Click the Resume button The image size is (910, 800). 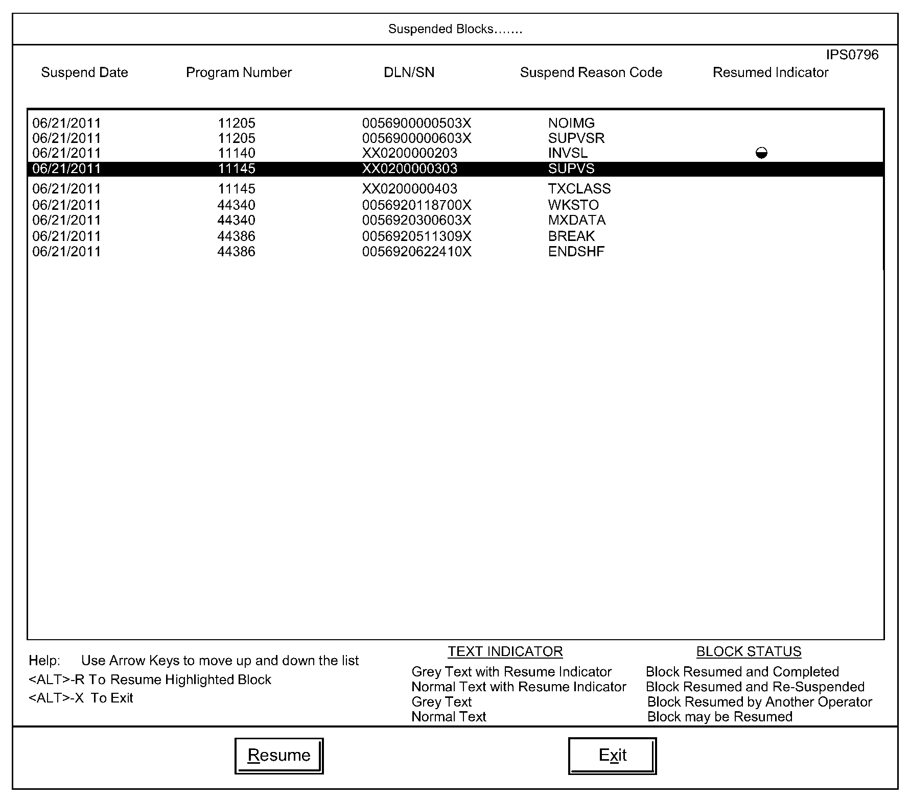pyautogui.click(x=278, y=755)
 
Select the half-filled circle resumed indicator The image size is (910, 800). pyautogui.click(x=761, y=153)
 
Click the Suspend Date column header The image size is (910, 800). pyautogui.click(x=84, y=72)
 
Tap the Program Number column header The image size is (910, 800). pyautogui.click(x=239, y=72)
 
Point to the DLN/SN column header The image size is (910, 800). pyautogui.click(x=409, y=72)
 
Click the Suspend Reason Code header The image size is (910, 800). pyautogui.click(x=591, y=72)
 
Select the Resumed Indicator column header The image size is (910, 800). pyautogui.click(x=770, y=72)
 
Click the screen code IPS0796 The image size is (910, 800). pyautogui.click(x=852, y=55)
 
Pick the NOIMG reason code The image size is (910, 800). pyautogui.click(x=571, y=123)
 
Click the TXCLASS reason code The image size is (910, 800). pyautogui.click(x=579, y=189)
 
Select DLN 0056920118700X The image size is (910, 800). pyautogui.click(x=416, y=205)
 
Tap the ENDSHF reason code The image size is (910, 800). pyautogui.click(x=576, y=251)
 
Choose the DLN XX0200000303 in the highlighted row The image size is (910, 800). pyautogui.click(x=409, y=169)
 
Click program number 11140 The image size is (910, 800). pyautogui.click(x=236, y=153)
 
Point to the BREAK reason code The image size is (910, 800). pyautogui.click(x=571, y=236)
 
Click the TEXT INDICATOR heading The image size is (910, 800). pyautogui.click(x=505, y=651)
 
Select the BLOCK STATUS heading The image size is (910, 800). pyautogui.click(x=749, y=651)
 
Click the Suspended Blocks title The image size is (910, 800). pyautogui.click(x=455, y=29)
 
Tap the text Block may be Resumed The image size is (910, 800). pyautogui.click(x=719, y=717)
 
